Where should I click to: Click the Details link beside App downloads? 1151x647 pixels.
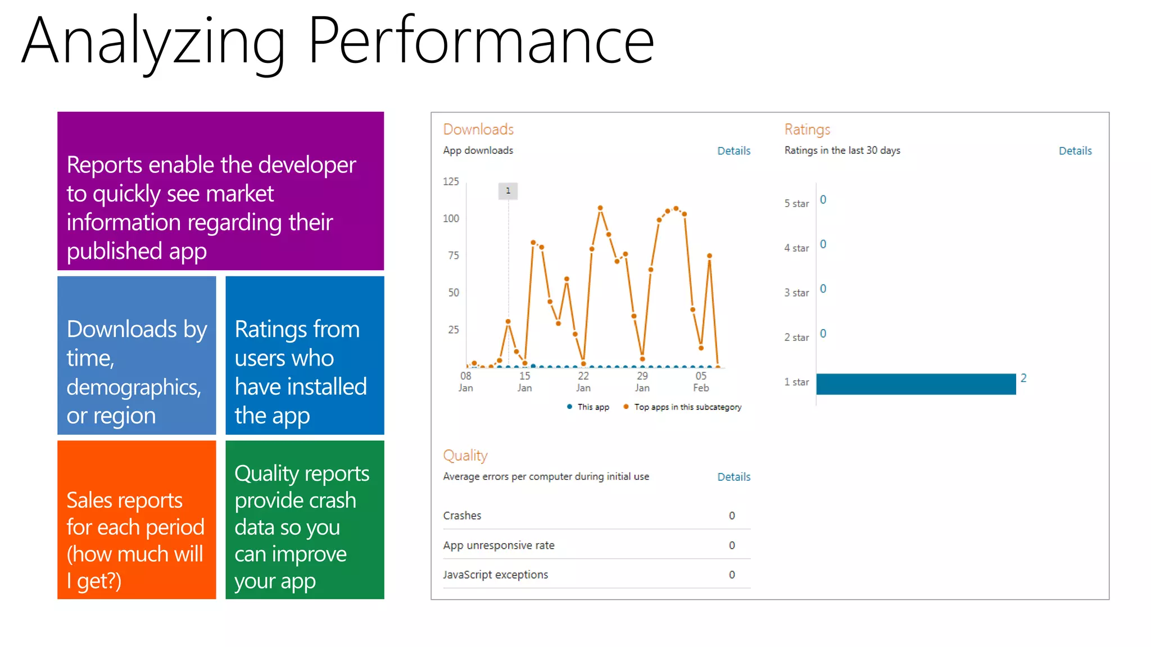[733, 151]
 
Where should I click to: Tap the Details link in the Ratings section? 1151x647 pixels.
[1075, 151]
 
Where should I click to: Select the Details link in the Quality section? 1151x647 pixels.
[733, 477]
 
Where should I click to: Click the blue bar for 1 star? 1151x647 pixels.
[916, 384]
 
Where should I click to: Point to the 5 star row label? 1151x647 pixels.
[796, 203]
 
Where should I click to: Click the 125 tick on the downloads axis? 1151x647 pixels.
[451, 181]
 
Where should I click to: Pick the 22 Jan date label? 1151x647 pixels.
[583, 381]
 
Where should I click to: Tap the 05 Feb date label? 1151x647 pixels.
[701, 381]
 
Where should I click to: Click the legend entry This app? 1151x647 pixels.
[592, 407]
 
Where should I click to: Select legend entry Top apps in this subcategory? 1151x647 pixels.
[687, 407]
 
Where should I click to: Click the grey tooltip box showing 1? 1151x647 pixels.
[508, 191]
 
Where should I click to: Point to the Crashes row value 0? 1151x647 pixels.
[732, 516]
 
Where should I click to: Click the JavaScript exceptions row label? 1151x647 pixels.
[495, 575]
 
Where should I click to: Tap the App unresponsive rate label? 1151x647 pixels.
[499, 545]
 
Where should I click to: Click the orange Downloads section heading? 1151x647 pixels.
[478, 129]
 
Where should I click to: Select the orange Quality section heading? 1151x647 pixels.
[465, 455]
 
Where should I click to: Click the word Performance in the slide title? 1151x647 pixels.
[481, 40]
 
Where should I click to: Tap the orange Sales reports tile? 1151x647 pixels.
[137, 520]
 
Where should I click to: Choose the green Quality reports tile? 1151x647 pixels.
[305, 520]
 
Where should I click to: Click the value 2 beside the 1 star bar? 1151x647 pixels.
[1023, 378]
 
